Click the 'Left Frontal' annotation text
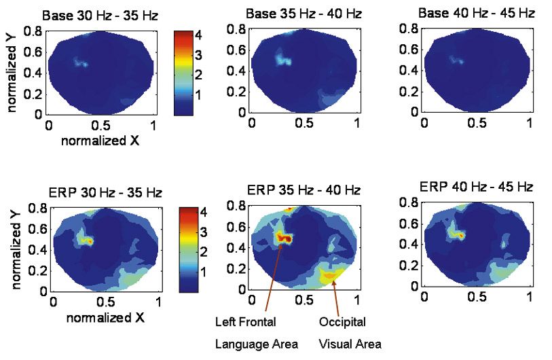coord(245,324)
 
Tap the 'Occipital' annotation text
coord(342,324)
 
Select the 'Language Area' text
coord(257,344)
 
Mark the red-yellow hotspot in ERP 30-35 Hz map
coord(86,240)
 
